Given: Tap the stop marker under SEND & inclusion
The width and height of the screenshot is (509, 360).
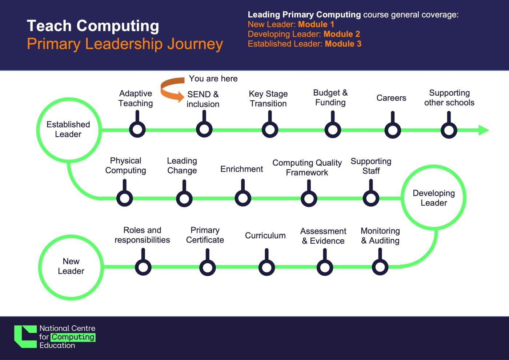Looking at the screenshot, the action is point(204,129).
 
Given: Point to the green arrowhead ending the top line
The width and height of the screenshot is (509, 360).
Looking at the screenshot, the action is point(484,130).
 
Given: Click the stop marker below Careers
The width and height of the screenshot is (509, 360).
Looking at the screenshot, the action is point(393,130).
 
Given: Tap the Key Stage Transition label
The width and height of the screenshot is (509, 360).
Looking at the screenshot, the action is point(268,99).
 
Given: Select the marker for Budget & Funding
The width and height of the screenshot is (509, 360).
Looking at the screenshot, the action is point(333,130).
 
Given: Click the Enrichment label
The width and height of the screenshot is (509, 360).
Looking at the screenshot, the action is point(241,169).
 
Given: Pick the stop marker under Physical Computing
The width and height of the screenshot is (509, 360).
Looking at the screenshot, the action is point(124,198).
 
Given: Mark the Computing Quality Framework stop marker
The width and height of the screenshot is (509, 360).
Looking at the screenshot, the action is point(309,199).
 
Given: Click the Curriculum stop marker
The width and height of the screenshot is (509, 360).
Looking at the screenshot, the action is point(266,268).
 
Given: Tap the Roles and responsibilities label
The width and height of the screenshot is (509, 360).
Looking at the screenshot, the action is point(142,235).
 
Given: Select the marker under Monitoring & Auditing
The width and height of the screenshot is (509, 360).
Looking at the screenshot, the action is point(380,267).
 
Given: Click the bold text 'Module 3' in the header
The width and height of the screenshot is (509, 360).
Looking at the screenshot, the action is point(343,44).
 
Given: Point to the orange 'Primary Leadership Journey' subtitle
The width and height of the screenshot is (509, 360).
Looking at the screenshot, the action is point(125,44).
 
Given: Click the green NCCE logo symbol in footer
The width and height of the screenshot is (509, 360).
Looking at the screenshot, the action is point(25,337).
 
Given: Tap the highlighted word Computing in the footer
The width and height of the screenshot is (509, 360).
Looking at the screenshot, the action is point(73,337).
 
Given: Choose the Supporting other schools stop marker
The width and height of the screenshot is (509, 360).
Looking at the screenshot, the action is point(449,130).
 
